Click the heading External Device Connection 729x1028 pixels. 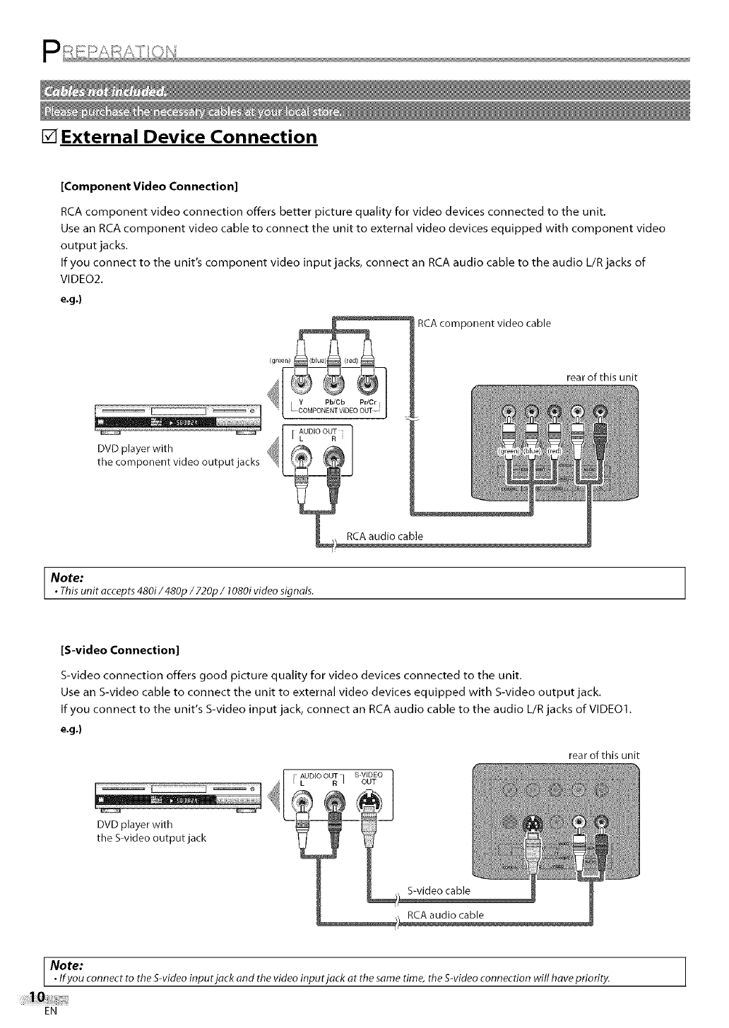click(x=189, y=136)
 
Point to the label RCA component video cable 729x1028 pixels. click(x=484, y=324)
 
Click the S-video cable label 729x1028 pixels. click(x=439, y=890)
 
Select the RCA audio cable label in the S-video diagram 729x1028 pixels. click(x=446, y=916)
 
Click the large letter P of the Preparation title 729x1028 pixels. click(x=51, y=51)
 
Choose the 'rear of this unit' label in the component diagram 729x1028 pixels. click(x=602, y=377)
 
